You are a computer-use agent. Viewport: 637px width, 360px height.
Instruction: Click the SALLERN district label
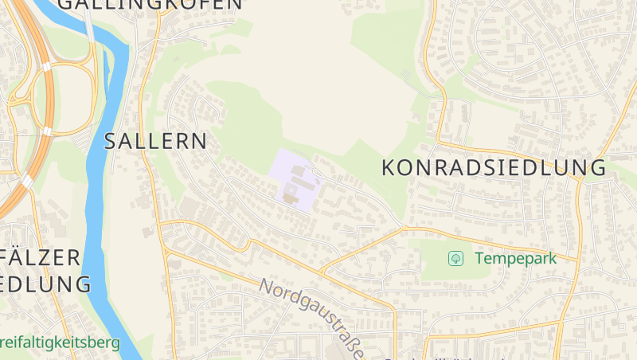[x=155, y=142]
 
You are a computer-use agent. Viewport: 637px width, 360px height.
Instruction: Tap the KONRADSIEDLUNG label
[x=494, y=167]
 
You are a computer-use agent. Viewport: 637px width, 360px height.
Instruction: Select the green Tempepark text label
[x=526, y=258]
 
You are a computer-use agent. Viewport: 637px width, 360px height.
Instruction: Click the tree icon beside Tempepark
[x=456, y=258]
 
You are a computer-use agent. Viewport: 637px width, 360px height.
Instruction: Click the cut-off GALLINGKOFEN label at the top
[x=150, y=4]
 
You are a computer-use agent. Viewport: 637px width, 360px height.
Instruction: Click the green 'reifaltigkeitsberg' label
[x=60, y=343]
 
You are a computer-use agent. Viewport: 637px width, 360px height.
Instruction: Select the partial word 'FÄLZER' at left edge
[x=40, y=257]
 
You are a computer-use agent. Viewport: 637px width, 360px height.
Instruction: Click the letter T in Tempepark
[x=479, y=258]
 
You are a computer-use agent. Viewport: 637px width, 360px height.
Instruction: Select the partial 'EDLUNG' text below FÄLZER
[x=45, y=284]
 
